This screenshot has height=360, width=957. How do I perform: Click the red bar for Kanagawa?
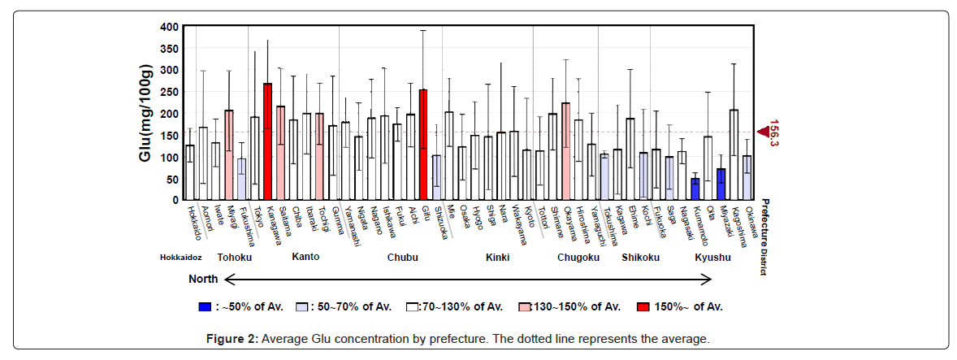click(x=267, y=142)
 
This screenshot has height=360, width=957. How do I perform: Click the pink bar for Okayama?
click(x=565, y=151)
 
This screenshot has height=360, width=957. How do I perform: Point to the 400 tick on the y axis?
click(x=168, y=27)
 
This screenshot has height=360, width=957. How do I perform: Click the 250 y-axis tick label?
click(x=168, y=92)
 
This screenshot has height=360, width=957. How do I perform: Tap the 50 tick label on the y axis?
click(x=171, y=179)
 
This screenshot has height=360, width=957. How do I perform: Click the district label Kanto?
click(x=305, y=257)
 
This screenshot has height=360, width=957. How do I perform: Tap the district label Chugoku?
click(x=578, y=258)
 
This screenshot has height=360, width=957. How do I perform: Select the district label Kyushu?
click(x=712, y=258)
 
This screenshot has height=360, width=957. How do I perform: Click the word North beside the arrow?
click(x=202, y=279)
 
